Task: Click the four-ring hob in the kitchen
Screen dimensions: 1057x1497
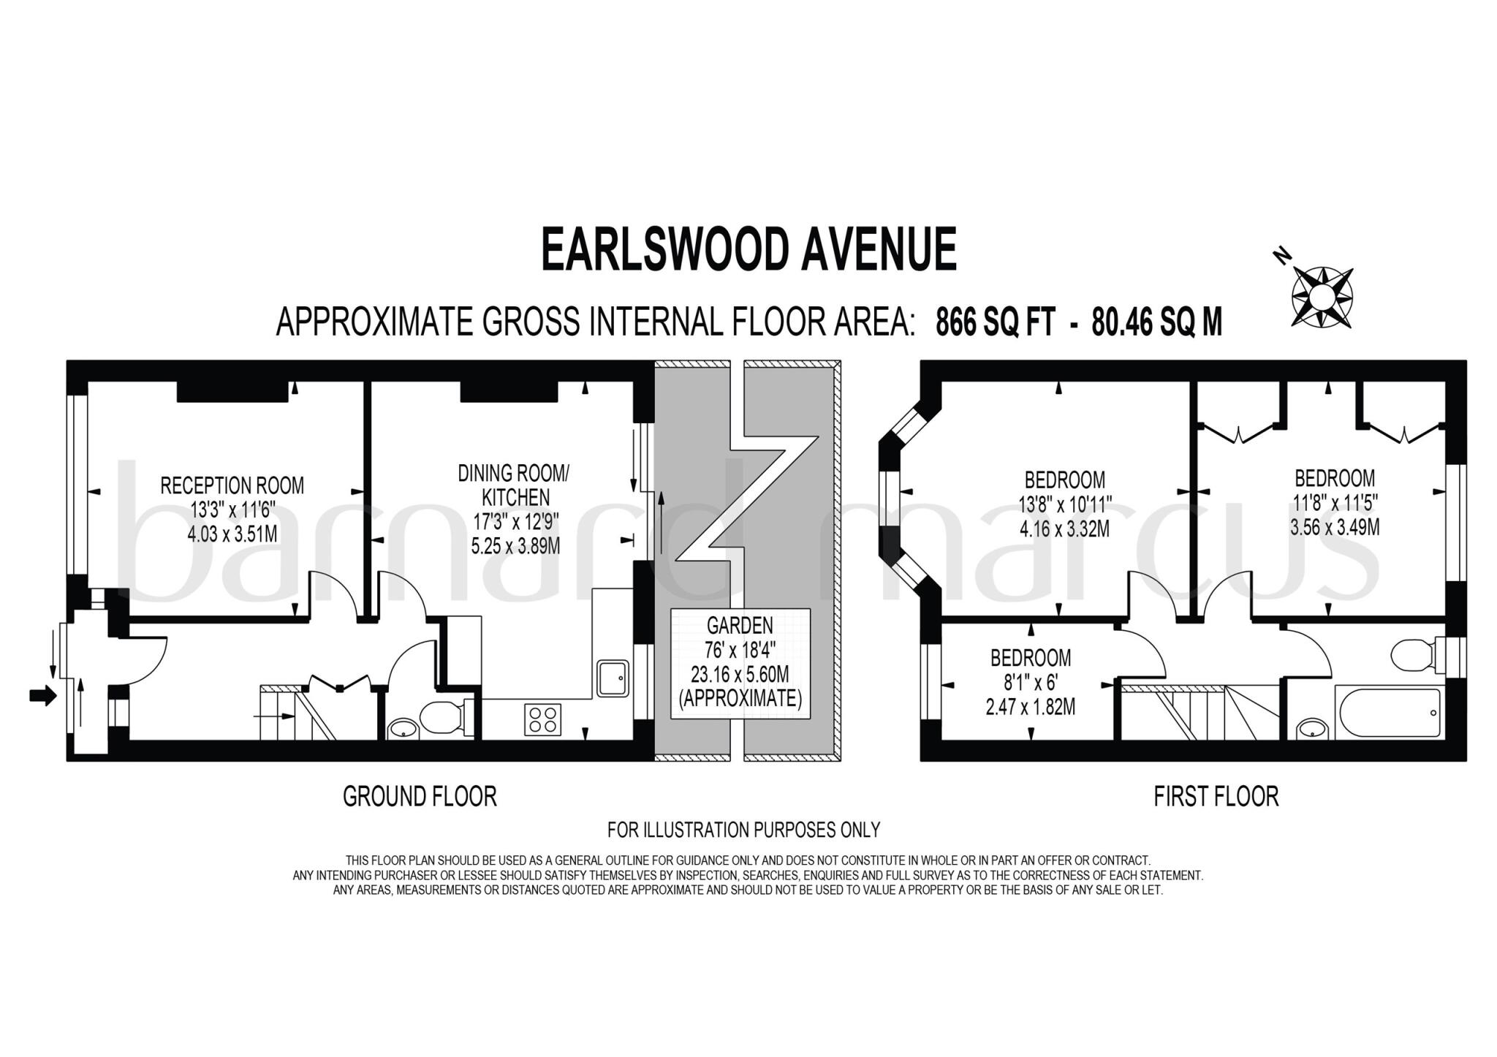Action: tap(542, 719)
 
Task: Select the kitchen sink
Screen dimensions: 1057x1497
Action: tap(613, 678)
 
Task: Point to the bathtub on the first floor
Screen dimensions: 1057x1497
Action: tap(1387, 713)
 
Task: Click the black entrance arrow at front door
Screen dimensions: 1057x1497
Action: tap(42, 696)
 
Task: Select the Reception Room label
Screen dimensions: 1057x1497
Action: tap(232, 485)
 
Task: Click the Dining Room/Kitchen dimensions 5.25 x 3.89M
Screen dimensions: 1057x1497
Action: tap(515, 545)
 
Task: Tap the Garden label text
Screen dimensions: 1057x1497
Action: tap(740, 625)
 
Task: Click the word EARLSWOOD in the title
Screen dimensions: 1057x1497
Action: tap(664, 249)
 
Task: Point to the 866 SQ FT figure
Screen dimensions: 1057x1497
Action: tap(995, 322)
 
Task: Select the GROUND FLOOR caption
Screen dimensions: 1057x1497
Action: tap(420, 796)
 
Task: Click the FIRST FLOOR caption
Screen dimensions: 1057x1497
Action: tap(1216, 796)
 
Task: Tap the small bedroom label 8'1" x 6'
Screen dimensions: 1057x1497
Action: tap(1030, 683)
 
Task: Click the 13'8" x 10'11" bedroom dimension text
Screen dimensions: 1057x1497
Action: tap(1064, 504)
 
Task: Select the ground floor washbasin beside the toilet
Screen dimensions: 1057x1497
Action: tap(403, 728)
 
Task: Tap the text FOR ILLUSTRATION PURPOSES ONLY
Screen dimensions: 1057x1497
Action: tap(743, 830)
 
